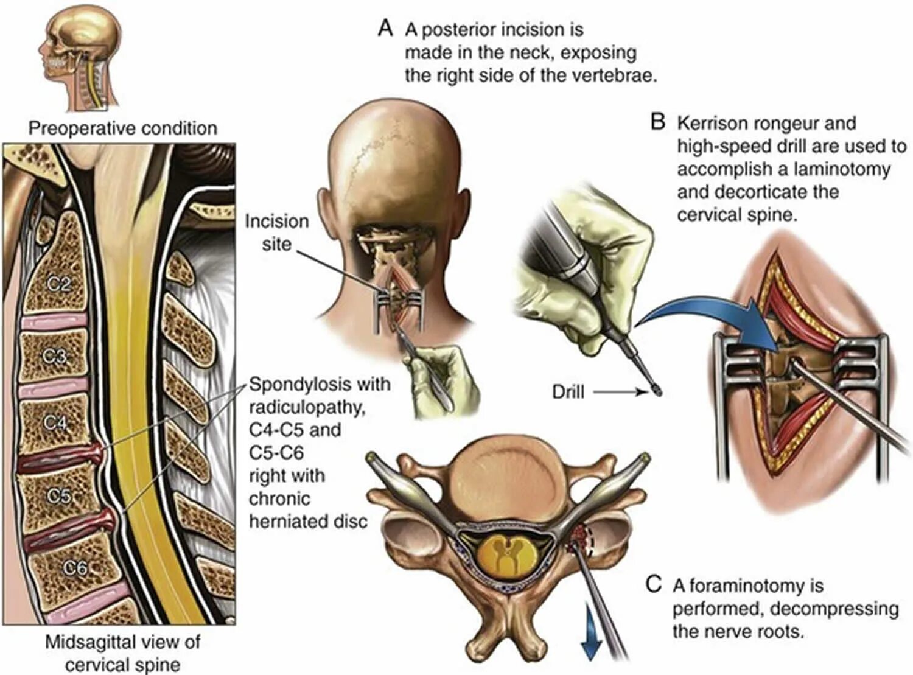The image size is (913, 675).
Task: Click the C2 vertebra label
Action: (59, 284)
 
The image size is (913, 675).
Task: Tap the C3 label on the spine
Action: (55, 355)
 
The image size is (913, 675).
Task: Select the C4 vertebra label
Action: (55, 422)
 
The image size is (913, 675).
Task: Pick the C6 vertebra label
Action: (75, 568)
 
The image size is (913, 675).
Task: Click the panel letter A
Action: (385, 29)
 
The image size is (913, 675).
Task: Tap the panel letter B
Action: (657, 122)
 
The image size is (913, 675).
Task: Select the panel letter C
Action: (653, 585)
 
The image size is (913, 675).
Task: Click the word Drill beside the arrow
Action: (568, 393)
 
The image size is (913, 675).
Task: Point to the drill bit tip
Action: (657, 393)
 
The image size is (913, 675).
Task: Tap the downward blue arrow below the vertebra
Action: (591, 639)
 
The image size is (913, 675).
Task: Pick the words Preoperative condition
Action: (122, 128)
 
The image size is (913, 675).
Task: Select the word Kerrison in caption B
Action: (714, 124)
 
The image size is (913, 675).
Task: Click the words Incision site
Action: (276, 233)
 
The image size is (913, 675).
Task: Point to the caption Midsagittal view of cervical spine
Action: (122, 652)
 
